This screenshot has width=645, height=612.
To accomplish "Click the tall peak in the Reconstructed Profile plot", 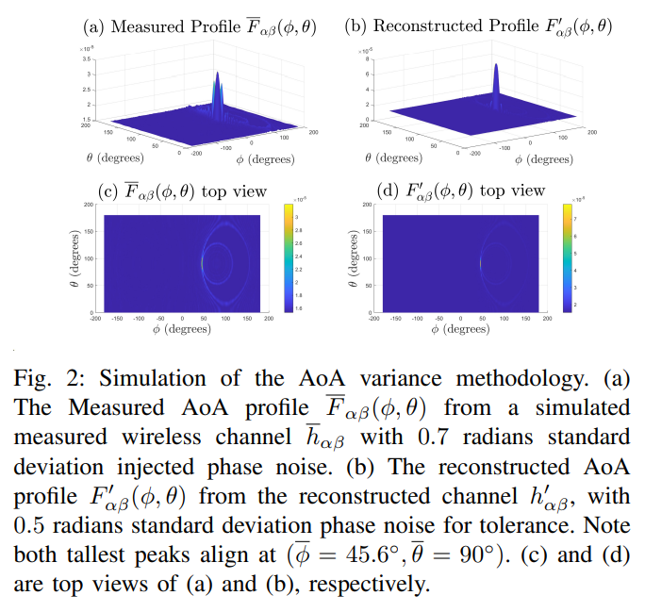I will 496,81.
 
